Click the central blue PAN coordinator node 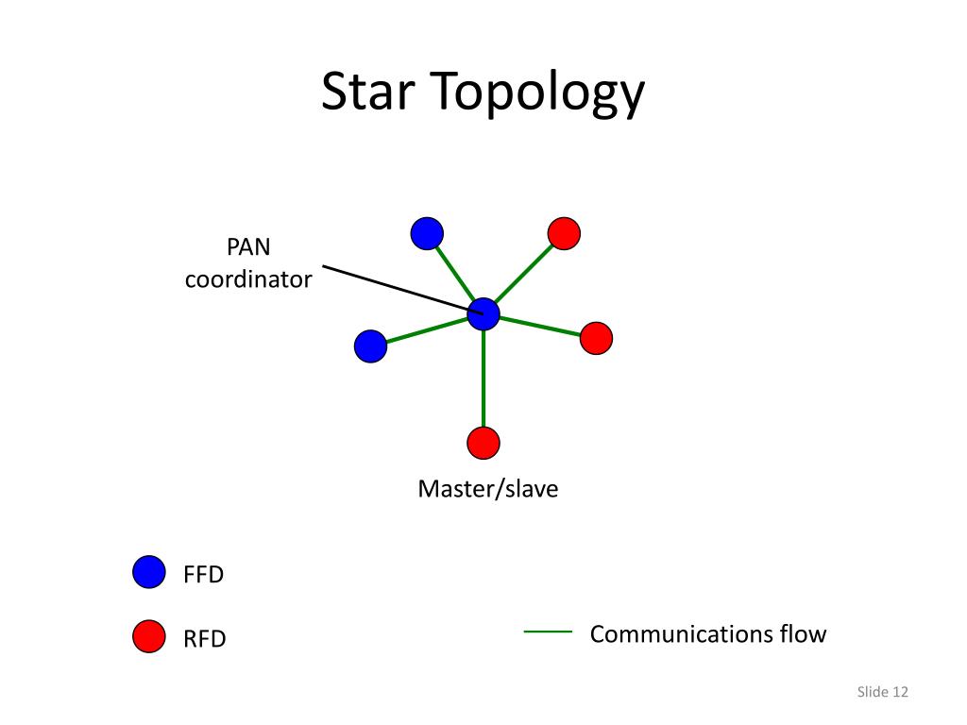pos(483,314)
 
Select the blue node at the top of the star pos(427,234)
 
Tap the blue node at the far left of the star pos(370,346)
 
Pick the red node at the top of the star pos(565,234)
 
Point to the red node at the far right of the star pos(597,338)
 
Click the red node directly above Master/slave pos(483,443)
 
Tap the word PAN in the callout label pos(248,246)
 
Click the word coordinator pos(248,279)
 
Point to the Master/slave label pos(488,489)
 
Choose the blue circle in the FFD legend pos(149,571)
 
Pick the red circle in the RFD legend pos(149,635)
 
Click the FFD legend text pos(204,575)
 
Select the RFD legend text pos(205,639)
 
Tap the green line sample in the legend pos(548,632)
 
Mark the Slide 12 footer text pos(883,692)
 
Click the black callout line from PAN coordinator pos(402,290)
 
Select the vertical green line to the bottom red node pos(483,379)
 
